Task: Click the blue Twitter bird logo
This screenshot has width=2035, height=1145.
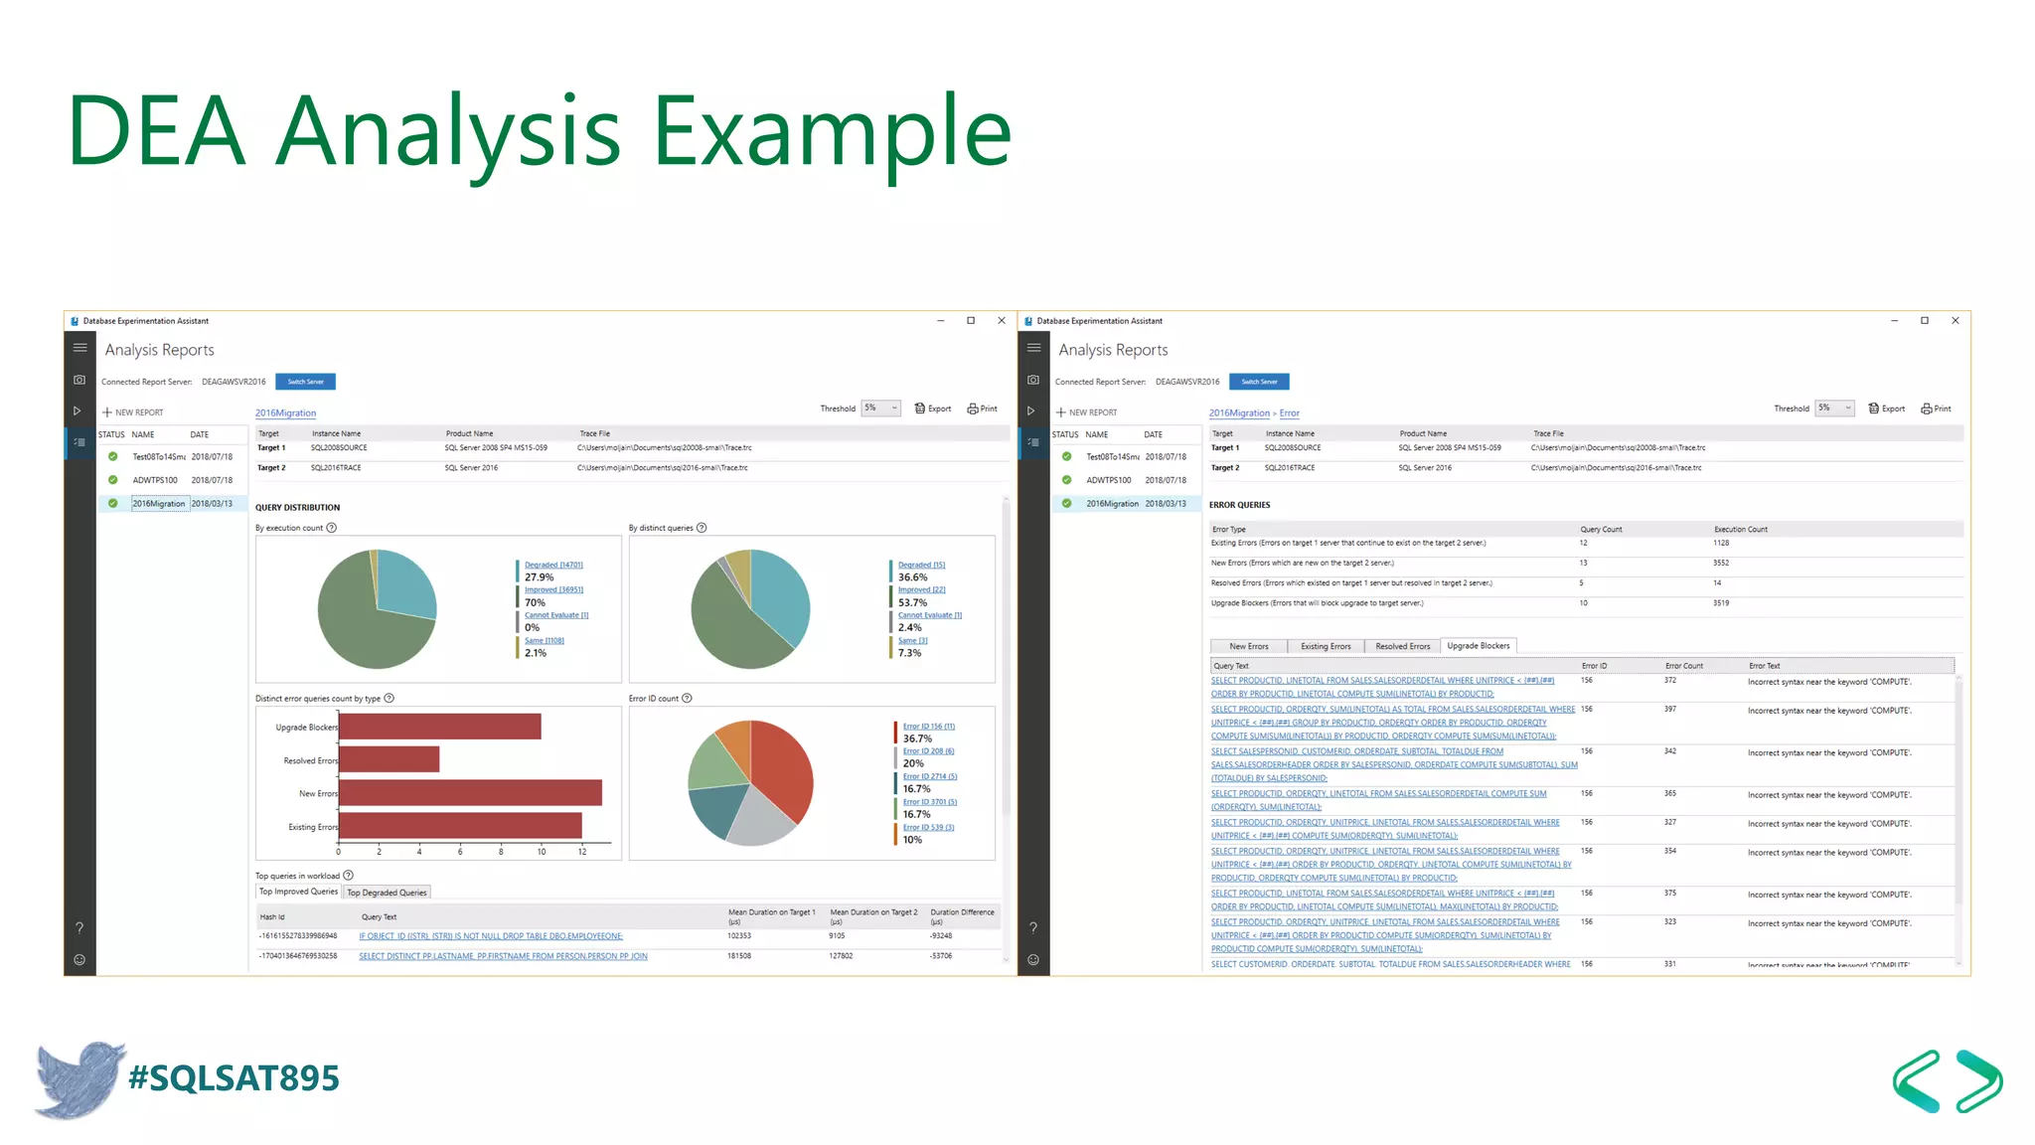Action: (79, 1078)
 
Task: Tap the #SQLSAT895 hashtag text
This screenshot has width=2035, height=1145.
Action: (235, 1078)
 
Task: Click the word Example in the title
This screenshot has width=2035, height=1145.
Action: (832, 131)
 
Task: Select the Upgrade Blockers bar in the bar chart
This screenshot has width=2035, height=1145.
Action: (440, 727)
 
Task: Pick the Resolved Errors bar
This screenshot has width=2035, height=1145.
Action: (389, 760)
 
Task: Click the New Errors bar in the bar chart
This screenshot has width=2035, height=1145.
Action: (470, 793)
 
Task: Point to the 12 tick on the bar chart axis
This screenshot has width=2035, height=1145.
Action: (582, 852)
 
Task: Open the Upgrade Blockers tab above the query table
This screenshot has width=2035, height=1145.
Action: (1478, 646)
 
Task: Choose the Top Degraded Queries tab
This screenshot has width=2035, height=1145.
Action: (387, 893)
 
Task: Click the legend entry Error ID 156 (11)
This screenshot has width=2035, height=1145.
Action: (928, 727)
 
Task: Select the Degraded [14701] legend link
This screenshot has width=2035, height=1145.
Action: (553, 565)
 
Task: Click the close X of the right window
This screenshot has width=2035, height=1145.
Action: (1955, 321)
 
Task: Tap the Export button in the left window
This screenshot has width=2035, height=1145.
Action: (933, 409)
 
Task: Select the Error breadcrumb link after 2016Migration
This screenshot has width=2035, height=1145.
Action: (1289, 413)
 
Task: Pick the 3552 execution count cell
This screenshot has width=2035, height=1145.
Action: (1720, 564)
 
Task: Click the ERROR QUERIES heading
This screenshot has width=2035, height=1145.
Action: (1239, 505)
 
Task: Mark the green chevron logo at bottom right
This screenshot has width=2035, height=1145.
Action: (1947, 1080)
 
